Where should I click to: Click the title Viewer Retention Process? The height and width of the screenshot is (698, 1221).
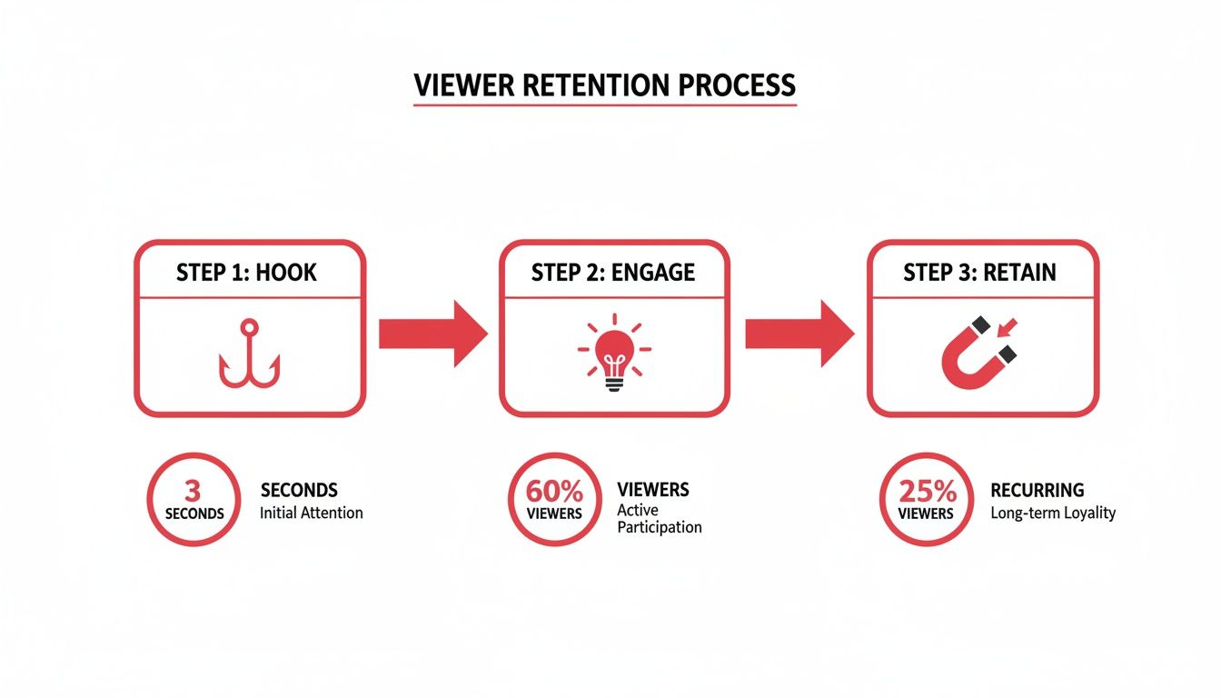click(x=604, y=85)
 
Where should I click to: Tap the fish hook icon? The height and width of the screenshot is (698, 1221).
click(x=248, y=355)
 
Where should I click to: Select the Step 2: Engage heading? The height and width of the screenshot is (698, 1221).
click(x=614, y=272)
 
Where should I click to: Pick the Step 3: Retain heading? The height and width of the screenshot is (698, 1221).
click(x=979, y=272)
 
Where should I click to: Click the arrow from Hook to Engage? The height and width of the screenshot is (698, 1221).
click(x=432, y=334)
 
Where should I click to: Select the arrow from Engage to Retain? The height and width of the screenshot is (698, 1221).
click(x=799, y=334)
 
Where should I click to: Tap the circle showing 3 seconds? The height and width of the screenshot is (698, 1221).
click(x=194, y=500)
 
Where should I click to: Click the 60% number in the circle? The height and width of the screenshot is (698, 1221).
click(x=554, y=492)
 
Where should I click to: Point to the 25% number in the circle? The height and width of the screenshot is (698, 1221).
click(x=926, y=492)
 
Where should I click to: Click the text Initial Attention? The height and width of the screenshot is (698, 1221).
click(x=311, y=513)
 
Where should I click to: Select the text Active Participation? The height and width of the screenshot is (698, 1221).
click(x=659, y=519)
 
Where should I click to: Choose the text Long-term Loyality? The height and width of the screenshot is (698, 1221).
click(x=1052, y=513)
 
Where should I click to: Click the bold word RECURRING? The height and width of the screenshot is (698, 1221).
click(x=1037, y=490)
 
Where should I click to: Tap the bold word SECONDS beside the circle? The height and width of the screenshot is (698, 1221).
click(x=299, y=490)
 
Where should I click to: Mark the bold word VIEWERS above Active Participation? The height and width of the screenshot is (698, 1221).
click(x=652, y=490)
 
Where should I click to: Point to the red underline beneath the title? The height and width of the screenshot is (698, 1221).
click(x=604, y=105)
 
